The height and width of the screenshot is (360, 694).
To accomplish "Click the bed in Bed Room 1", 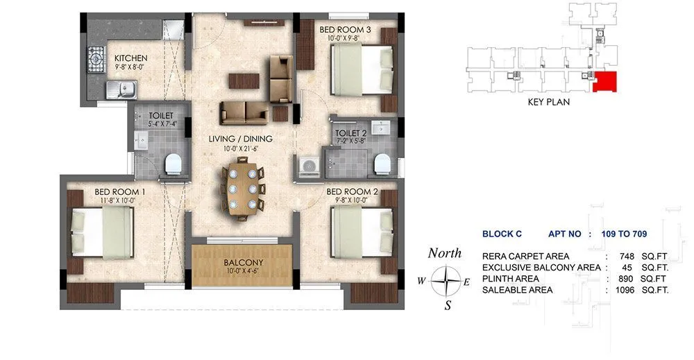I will pyautogui.click(x=102, y=232).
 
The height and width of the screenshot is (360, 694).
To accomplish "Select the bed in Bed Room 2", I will pyautogui.click(x=359, y=232).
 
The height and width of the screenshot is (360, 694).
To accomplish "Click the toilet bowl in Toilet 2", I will pyautogui.click(x=383, y=164).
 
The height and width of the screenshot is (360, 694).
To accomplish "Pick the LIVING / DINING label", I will pyautogui.click(x=240, y=139).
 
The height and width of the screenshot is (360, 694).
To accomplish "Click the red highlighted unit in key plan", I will pyautogui.click(x=605, y=82).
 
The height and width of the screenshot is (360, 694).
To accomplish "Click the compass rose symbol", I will pyautogui.click(x=444, y=281).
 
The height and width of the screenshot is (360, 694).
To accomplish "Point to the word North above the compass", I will pyautogui.click(x=444, y=253).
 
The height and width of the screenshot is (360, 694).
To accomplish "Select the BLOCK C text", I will pyautogui.click(x=502, y=234).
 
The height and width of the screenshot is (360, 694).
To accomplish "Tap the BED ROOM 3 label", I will pyautogui.click(x=345, y=29).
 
